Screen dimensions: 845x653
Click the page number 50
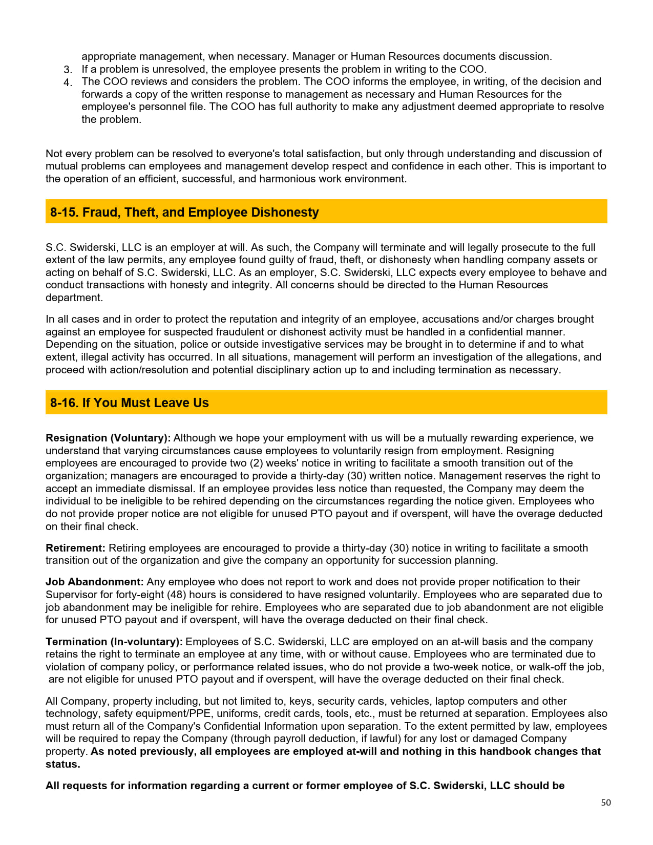[x=606, y=802]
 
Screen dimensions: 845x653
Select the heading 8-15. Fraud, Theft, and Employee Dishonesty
[x=184, y=212]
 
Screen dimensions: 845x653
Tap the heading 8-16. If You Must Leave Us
[x=130, y=403]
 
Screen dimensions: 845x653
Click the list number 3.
[x=68, y=70]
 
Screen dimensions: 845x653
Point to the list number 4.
[x=68, y=82]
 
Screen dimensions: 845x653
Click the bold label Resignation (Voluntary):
[x=108, y=438]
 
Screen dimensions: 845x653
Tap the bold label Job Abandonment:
[x=95, y=582]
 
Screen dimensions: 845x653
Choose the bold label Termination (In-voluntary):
[x=114, y=642]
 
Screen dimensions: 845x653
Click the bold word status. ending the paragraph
[x=63, y=764]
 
